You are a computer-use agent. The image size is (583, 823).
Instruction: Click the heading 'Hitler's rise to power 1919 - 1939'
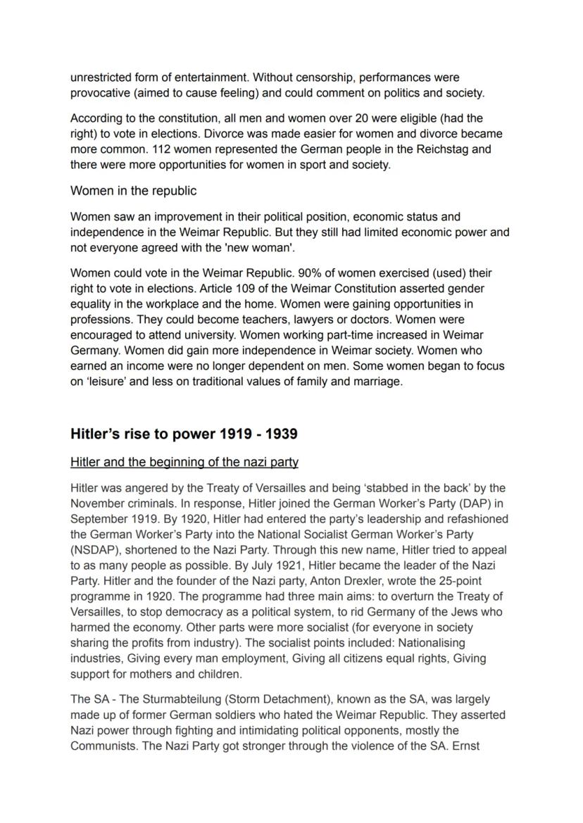coord(184,434)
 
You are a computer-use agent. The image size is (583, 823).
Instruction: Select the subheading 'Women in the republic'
coord(133,191)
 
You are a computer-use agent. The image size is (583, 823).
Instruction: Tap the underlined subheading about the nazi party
coord(184,463)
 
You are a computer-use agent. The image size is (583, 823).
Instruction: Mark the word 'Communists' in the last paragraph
coord(104,746)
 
